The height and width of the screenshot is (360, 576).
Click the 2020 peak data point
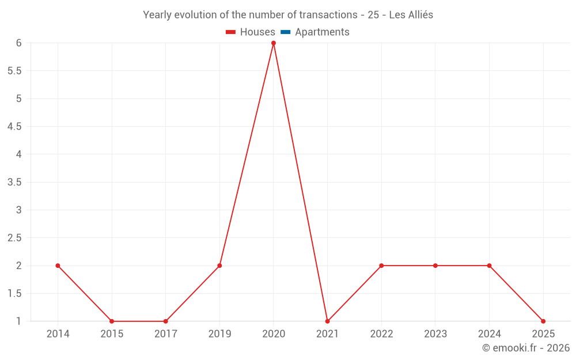[273, 43]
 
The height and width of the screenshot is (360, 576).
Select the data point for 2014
[58, 266]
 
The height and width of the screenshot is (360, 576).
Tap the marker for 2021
[327, 321]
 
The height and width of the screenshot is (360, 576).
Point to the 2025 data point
[543, 321]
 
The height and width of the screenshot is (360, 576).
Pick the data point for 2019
[219, 266]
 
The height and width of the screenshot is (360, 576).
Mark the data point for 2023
[435, 266]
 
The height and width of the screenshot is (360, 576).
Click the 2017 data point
[166, 321]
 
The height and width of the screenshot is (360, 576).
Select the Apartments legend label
[322, 32]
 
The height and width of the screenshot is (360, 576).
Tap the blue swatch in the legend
[286, 32]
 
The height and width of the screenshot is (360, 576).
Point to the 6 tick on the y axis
[19, 43]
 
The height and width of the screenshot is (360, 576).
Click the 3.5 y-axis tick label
[14, 182]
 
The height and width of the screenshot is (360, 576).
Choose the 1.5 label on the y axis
[14, 294]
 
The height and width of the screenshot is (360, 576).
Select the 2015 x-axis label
[112, 334]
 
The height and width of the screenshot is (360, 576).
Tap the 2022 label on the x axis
[381, 334]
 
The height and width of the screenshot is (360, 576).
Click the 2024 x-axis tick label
[489, 334]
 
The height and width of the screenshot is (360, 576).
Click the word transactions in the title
[328, 15]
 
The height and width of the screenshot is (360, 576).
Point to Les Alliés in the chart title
[411, 15]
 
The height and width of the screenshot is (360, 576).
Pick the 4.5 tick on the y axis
[14, 126]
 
